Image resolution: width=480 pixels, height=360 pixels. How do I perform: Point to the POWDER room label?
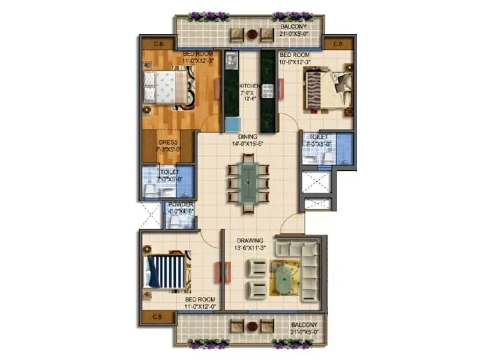pos(180,205)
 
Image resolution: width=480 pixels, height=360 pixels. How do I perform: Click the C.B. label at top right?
pos(338,44)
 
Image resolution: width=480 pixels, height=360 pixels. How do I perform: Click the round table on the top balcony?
pos(253,34)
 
